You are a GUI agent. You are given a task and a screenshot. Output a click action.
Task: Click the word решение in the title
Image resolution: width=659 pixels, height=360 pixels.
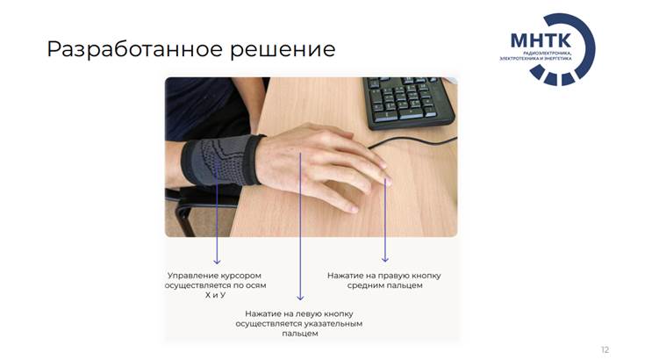click(283, 50)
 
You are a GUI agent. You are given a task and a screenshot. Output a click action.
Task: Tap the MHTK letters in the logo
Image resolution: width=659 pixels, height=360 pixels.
click(541, 40)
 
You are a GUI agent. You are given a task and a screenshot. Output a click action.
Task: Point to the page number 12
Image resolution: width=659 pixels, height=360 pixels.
click(605, 349)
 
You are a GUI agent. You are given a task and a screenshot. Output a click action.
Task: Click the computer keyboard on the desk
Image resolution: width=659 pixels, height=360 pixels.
click(408, 101)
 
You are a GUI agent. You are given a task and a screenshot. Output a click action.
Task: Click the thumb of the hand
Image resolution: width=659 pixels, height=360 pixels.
click(332, 198)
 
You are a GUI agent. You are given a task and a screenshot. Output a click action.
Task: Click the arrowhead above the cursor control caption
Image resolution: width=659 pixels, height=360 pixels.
click(217, 261)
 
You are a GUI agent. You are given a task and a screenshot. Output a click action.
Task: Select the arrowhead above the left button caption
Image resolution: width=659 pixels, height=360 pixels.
click(300, 297)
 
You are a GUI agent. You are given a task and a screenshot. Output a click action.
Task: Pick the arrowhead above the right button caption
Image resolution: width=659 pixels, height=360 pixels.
click(385, 259)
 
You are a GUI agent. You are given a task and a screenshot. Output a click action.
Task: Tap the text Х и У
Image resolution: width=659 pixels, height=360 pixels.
click(215, 295)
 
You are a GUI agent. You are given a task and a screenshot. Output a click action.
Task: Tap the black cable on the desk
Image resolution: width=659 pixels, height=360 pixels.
click(412, 140)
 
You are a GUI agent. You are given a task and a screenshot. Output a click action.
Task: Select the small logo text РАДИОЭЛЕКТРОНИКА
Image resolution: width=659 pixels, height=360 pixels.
click(548, 54)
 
